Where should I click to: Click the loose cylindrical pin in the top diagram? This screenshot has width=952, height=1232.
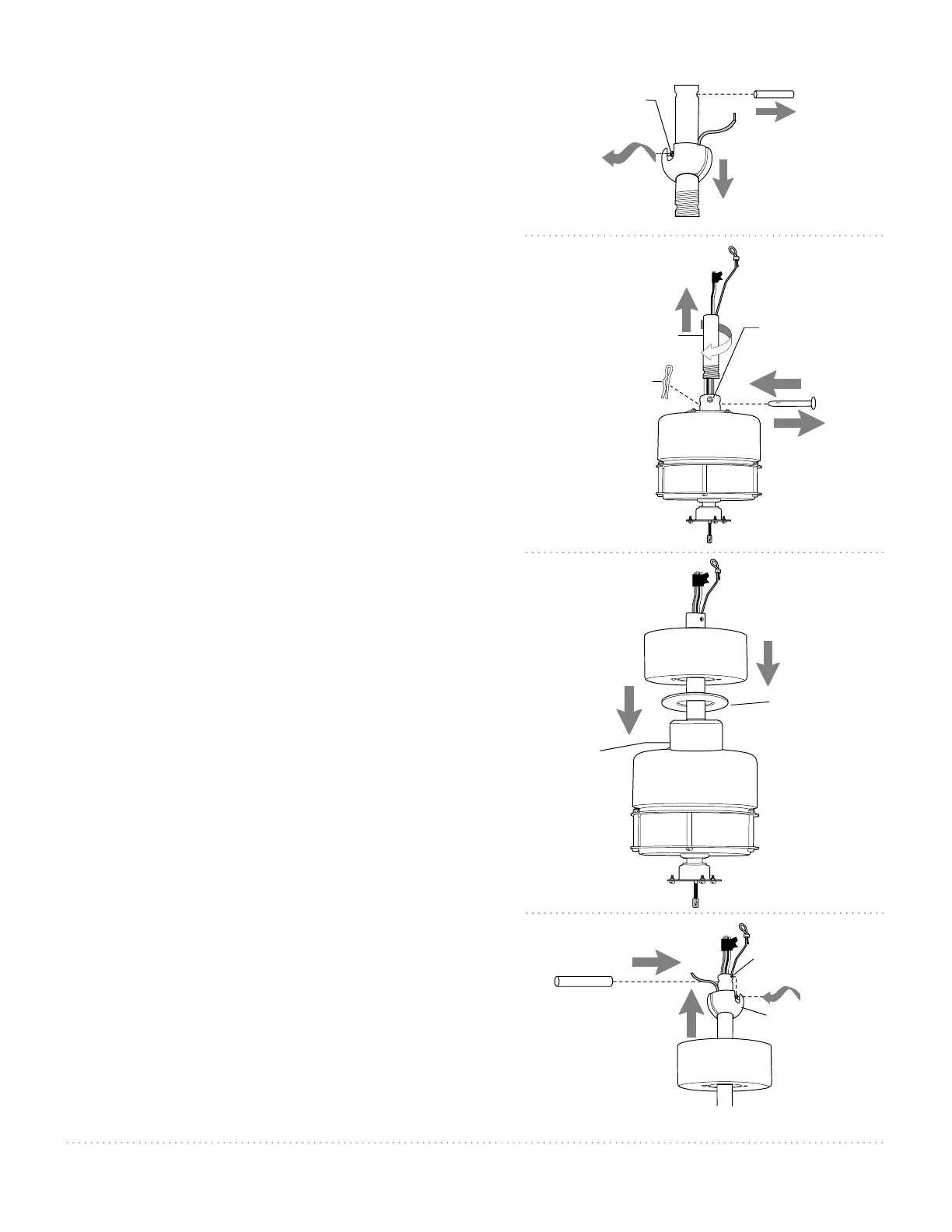773,94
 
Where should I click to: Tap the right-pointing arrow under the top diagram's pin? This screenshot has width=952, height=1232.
775,113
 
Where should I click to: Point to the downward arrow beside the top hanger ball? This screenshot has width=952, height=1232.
723,179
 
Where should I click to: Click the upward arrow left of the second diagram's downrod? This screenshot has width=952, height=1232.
686,310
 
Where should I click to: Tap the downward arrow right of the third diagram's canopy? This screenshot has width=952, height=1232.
768,663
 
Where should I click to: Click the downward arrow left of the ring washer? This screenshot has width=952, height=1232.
630,709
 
